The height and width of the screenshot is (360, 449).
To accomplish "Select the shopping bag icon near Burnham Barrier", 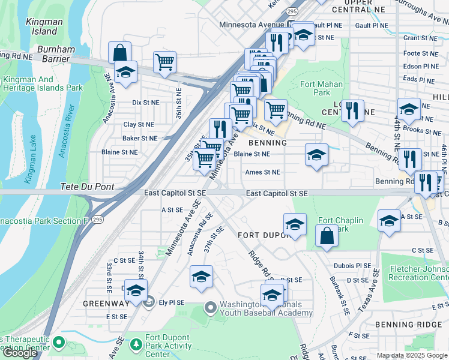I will point(120,52).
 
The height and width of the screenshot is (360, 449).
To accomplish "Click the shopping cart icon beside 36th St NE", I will point(164,62).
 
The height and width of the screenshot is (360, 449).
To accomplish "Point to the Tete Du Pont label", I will point(87,187).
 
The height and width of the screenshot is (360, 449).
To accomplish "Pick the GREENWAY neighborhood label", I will point(106,303).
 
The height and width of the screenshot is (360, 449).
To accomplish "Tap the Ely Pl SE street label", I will point(172,303).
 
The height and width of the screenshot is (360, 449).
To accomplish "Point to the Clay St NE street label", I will point(139,124).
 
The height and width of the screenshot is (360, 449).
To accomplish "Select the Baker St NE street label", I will point(140,138).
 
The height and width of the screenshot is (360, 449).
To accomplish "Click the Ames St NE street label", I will point(263,172).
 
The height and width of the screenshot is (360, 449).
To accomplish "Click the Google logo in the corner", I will point(20,353).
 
